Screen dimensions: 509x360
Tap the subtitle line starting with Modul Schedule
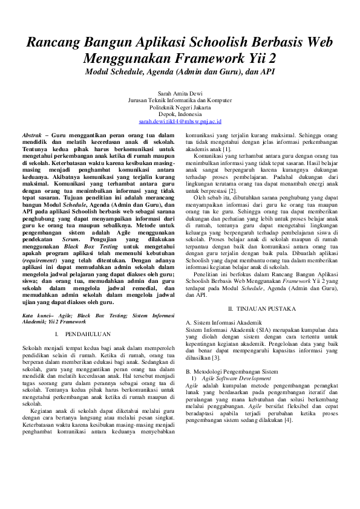(x=180, y=71)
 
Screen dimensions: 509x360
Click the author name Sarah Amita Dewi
(x=180, y=93)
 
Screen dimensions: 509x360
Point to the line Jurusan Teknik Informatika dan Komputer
(x=180, y=100)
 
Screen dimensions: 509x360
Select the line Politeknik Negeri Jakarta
(x=180, y=107)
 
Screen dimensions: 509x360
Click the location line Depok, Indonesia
(x=180, y=114)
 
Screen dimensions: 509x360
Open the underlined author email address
(x=180, y=121)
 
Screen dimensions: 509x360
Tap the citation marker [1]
(x=227, y=148)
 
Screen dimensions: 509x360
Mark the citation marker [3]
(x=217, y=357)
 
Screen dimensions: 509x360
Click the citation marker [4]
(x=289, y=420)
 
